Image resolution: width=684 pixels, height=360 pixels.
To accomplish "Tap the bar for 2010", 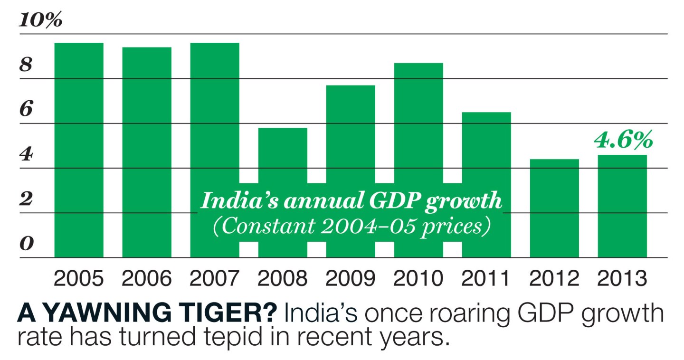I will click(x=418, y=123).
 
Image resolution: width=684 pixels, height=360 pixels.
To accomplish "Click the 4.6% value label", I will click(x=623, y=141).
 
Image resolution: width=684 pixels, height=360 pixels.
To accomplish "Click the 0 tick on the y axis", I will click(x=26, y=245).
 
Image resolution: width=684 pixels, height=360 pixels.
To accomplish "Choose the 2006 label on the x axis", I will click(x=147, y=279).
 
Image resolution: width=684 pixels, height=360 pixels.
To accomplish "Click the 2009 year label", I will click(x=351, y=279).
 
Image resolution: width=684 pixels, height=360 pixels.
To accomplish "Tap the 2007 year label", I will click(x=215, y=279).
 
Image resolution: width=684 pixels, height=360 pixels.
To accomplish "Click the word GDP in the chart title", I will click(x=391, y=201).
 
